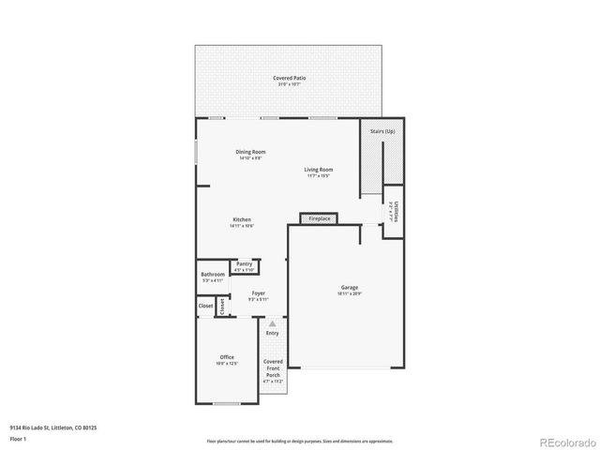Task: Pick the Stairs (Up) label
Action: pos(382,132)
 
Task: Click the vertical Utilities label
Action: pos(395,212)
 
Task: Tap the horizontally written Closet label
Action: pos(205,306)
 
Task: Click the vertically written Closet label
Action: pos(222,307)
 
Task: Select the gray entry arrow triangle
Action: pos(273,323)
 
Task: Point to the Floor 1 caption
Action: pos(18,439)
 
